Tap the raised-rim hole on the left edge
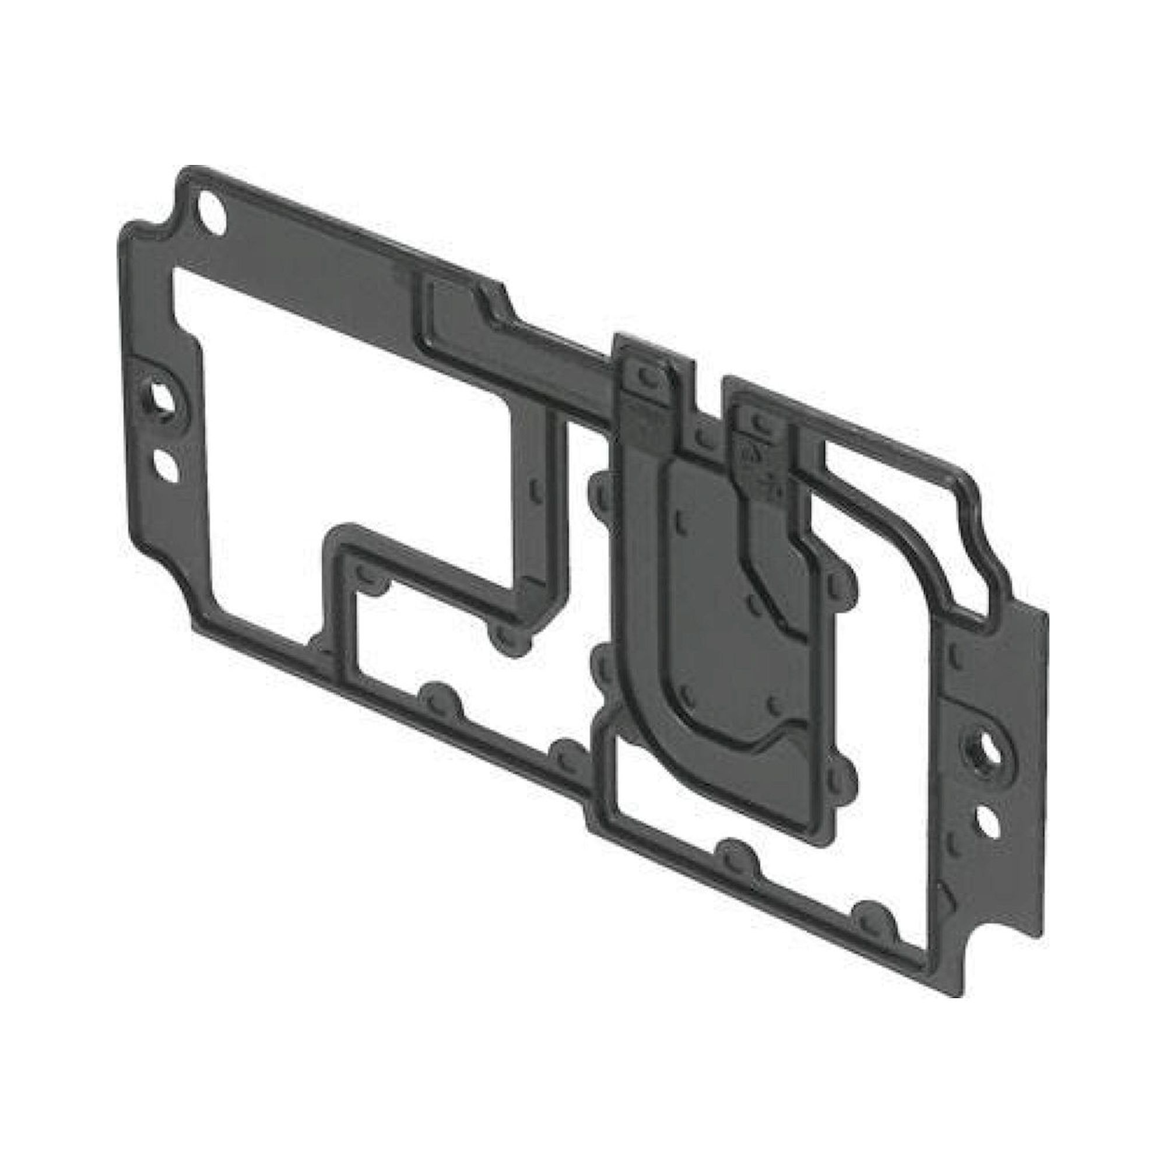(160, 396)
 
